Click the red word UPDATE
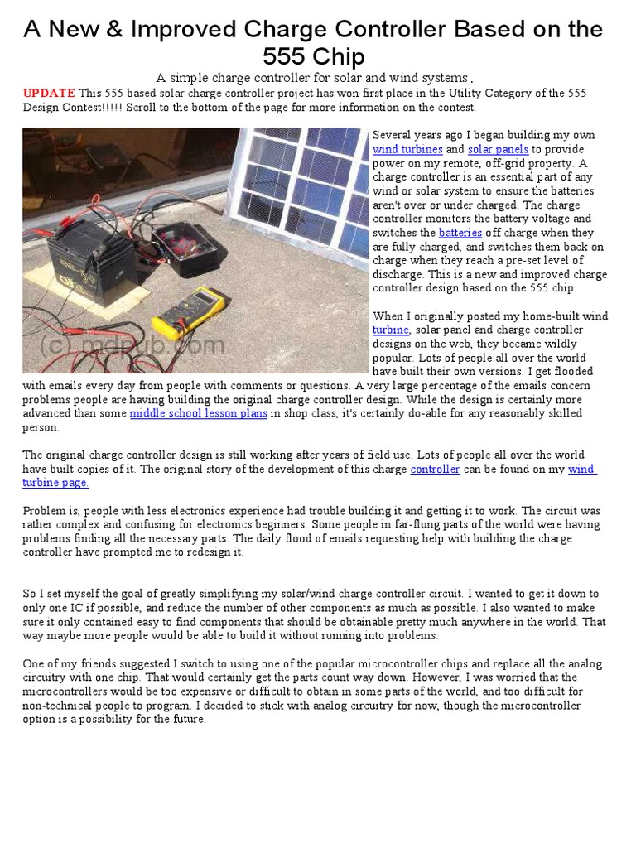click(x=49, y=93)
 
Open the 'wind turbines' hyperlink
click(x=407, y=150)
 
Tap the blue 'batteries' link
click(x=460, y=233)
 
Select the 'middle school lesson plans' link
click(x=198, y=413)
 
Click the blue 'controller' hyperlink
click(x=435, y=469)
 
